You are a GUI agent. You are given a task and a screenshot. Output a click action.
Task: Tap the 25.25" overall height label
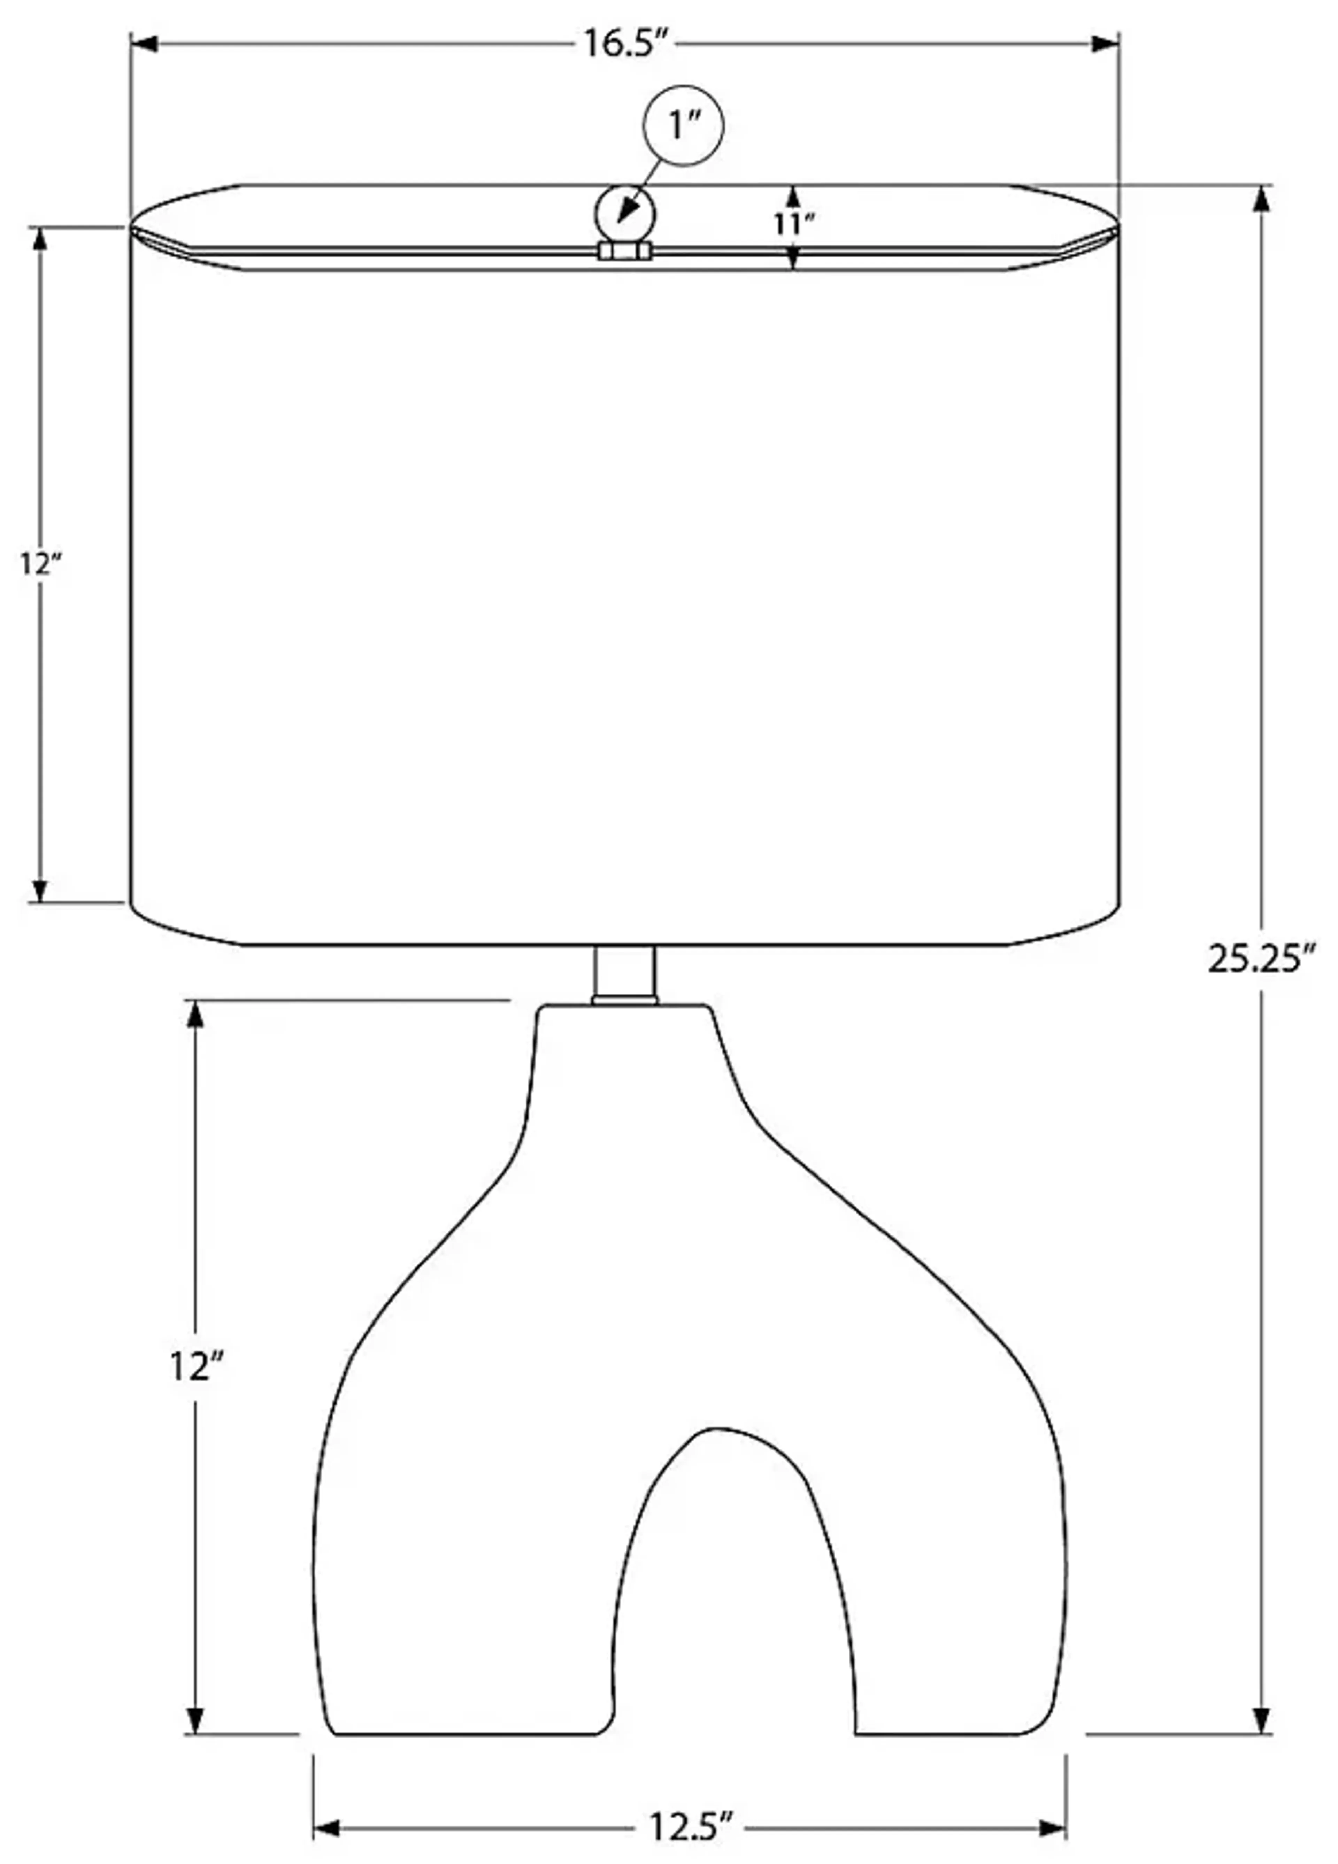pyautogui.click(x=1262, y=958)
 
